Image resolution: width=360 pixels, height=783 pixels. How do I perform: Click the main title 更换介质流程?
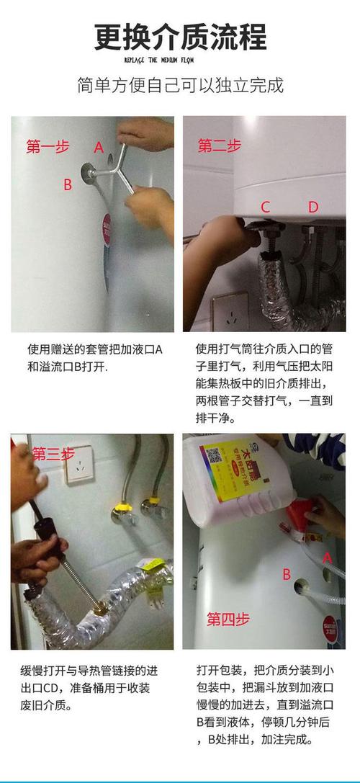pyautogui.click(x=180, y=37)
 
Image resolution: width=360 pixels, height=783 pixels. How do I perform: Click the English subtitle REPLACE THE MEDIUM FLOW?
pyautogui.click(x=180, y=59)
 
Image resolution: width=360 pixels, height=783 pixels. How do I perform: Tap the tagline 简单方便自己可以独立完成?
pyautogui.click(x=180, y=86)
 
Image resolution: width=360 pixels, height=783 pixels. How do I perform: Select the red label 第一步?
pyautogui.click(x=48, y=147)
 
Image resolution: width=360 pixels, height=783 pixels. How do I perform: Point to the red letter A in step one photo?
pyautogui.click(x=99, y=147)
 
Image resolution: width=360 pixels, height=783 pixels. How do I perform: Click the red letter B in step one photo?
pyautogui.click(x=67, y=185)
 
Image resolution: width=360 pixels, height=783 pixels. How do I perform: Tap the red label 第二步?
pyautogui.click(x=219, y=147)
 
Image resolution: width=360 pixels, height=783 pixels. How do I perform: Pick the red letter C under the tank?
pyautogui.click(x=265, y=207)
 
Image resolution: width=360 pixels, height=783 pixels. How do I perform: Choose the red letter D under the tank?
pyautogui.click(x=313, y=207)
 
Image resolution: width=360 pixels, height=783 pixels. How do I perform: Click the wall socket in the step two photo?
pyautogui.click(x=230, y=311)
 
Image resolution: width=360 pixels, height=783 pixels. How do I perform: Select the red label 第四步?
pyautogui.click(x=228, y=619)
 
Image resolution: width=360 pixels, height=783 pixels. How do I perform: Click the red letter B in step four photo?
pyautogui.click(x=286, y=575)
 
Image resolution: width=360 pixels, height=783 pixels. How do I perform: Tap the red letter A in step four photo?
pyautogui.click(x=328, y=557)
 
